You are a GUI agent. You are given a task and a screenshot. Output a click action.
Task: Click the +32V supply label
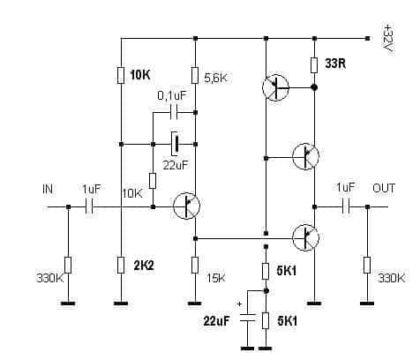388,38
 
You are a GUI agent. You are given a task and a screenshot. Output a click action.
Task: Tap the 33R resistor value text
335,64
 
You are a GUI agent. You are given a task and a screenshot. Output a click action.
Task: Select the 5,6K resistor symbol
195,75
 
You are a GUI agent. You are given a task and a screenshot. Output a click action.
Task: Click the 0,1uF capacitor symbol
174,112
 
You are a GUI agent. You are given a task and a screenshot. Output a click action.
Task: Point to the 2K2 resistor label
144,266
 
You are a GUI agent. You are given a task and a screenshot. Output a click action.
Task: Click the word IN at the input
48,189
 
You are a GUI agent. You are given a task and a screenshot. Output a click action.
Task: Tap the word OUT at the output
384,188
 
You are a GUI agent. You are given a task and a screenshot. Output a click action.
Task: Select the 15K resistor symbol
195,265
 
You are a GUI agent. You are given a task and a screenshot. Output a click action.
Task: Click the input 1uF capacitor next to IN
89,206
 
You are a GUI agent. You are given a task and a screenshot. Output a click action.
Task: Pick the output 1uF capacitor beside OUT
346,206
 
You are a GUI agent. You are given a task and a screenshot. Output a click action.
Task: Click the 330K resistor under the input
68,265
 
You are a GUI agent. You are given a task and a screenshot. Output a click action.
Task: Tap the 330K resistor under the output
367,265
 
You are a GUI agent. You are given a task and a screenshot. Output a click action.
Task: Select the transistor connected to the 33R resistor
275,87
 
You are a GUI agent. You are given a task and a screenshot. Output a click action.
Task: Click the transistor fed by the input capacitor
186,206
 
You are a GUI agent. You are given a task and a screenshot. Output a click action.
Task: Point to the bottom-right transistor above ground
305,237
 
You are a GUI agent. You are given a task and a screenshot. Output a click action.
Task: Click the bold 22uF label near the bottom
216,321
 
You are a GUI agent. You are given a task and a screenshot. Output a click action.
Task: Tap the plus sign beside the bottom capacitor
240,304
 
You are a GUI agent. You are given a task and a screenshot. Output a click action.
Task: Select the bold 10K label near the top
140,75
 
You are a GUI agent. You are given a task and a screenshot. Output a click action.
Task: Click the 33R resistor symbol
314,65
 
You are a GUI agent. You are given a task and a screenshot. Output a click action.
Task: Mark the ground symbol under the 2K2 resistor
121,304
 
